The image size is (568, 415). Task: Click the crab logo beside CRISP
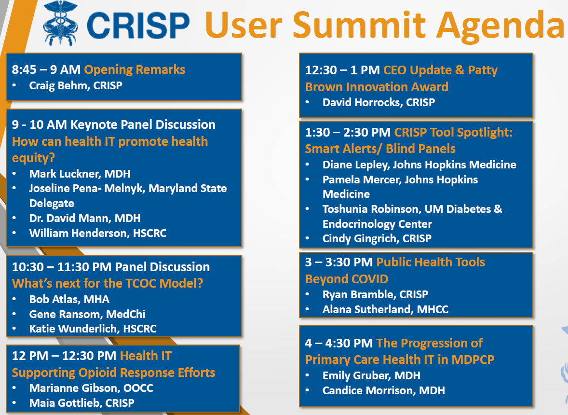[60, 24]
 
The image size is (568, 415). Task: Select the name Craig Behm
[60, 86]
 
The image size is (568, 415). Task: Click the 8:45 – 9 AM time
[46, 69]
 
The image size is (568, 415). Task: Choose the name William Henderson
[78, 233]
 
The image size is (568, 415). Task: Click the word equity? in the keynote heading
[33, 158]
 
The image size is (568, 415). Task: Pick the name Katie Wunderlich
[73, 329]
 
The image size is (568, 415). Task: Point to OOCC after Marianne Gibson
[138, 388]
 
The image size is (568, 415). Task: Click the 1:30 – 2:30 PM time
[348, 133]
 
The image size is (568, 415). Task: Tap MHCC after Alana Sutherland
[433, 309]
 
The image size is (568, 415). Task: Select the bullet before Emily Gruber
[308, 376]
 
